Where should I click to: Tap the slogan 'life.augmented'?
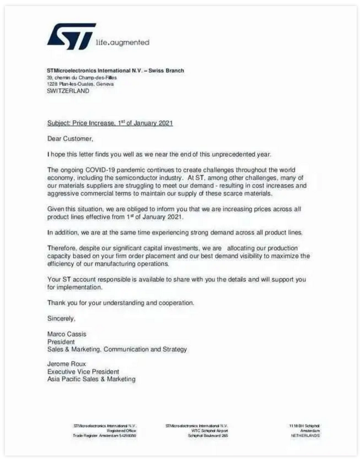pos(122,42)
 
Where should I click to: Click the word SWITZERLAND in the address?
pos(68,91)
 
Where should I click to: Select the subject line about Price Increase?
pos(110,123)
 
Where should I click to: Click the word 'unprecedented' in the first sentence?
pos(223,154)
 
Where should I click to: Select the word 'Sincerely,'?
pos(62,318)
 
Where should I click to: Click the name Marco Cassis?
pos(67,334)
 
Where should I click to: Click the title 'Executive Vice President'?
pos(83,371)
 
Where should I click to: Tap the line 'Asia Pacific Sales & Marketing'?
pos(91,379)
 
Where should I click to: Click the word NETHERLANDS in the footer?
pos(305,435)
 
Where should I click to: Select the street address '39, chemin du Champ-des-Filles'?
pos(82,78)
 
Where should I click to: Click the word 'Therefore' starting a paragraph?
pos(63,248)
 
